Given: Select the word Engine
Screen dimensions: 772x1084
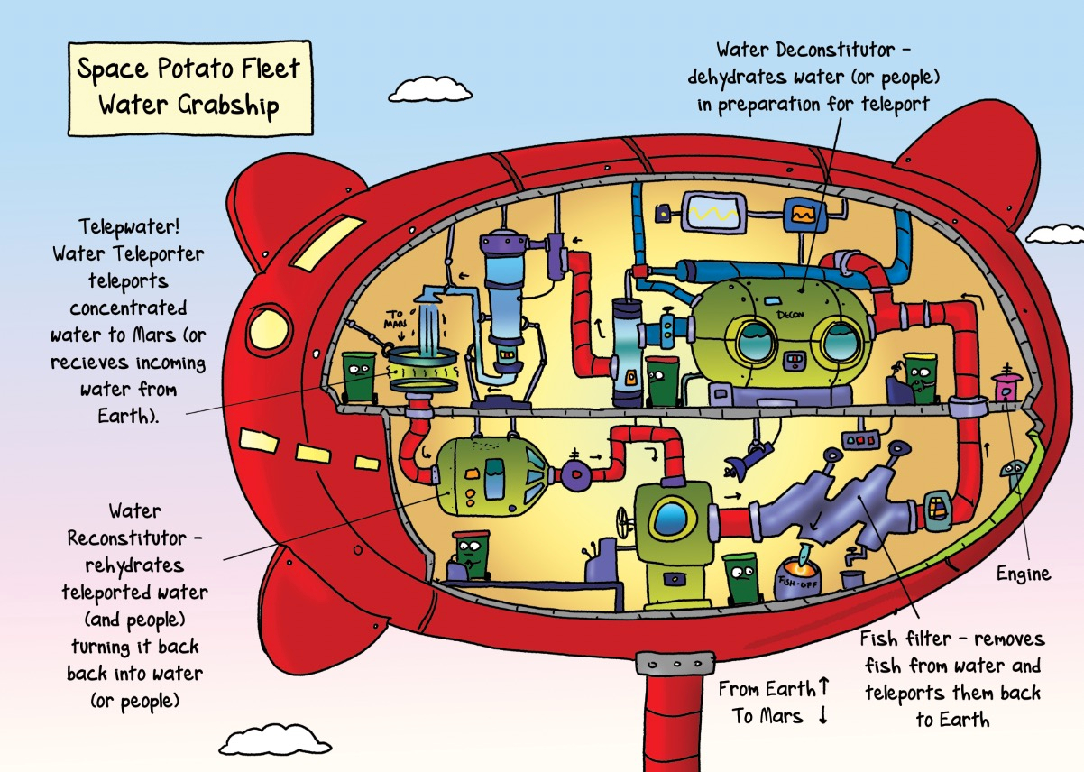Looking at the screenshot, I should pyautogui.click(x=1023, y=574).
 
